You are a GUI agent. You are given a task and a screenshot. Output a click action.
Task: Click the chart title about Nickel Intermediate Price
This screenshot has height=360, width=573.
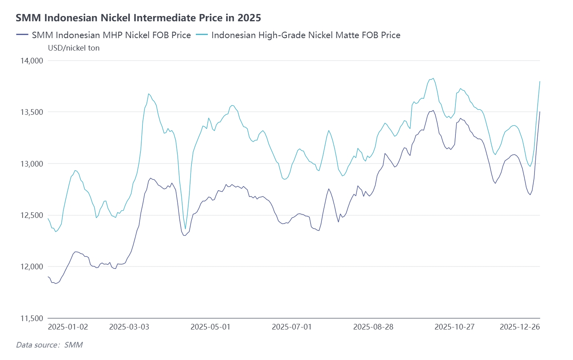click(x=138, y=18)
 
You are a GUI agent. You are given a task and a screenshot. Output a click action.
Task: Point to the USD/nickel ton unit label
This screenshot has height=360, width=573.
click(x=74, y=48)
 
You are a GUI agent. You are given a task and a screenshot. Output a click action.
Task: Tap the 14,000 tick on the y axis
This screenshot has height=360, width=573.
click(x=32, y=61)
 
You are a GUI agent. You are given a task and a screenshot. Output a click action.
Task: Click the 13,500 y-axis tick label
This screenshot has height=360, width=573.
click(x=32, y=112)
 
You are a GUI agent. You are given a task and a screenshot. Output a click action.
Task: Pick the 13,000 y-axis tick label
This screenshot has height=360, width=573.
click(x=32, y=164)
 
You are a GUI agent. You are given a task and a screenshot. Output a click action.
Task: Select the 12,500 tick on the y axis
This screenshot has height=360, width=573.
click(x=32, y=215)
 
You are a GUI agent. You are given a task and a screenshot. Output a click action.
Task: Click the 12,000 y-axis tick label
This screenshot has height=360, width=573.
click(x=32, y=266)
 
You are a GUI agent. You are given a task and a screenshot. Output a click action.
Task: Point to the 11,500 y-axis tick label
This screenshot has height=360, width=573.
click(x=32, y=318)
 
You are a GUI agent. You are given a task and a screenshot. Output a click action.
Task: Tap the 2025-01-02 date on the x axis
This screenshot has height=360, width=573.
click(x=68, y=327)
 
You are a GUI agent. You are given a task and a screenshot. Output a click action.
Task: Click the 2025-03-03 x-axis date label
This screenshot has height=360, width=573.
click(x=129, y=327)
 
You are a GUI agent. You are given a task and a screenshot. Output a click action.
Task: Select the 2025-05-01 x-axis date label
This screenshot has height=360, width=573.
click(x=210, y=327)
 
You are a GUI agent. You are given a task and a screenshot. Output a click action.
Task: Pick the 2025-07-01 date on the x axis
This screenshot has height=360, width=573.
click(x=292, y=327)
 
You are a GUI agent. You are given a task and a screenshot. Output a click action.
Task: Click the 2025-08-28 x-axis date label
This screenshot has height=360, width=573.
click(x=373, y=327)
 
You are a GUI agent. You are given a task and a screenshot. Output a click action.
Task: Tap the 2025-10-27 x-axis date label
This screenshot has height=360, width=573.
click(x=454, y=327)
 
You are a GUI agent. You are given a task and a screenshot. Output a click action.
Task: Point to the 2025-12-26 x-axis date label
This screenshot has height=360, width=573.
click(x=520, y=327)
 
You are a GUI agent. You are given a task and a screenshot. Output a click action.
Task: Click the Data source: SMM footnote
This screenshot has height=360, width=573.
click(x=49, y=345)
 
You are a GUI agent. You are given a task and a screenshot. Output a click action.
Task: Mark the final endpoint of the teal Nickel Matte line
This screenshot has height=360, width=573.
click(x=540, y=81)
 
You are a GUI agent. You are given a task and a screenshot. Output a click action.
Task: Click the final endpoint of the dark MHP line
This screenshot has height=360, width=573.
click(x=540, y=112)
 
